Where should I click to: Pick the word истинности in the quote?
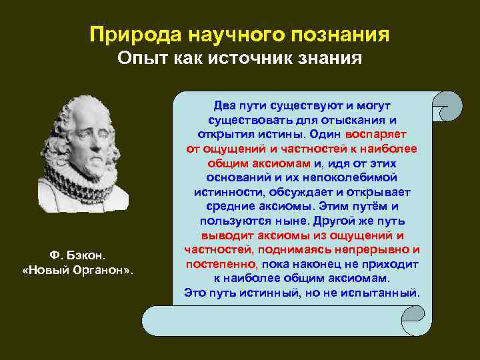point(232,192)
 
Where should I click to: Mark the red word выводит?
point(225,235)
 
